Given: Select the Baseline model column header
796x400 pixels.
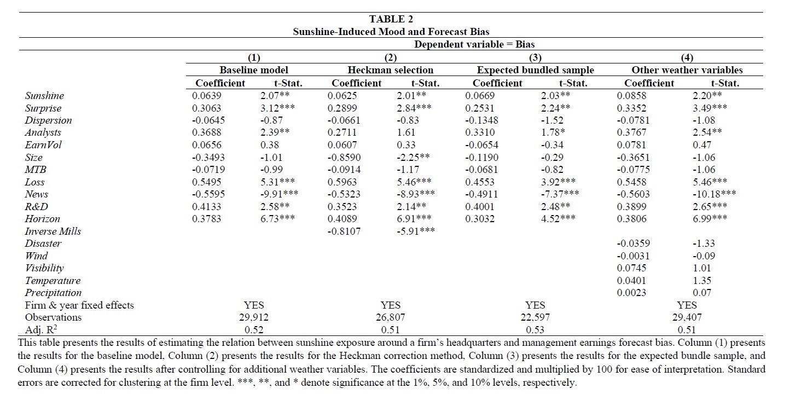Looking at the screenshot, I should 253,70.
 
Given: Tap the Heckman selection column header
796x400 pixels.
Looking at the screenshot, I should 391,70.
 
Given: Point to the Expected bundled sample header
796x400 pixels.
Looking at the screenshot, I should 535,70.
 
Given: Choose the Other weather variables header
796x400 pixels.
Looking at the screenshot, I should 687,70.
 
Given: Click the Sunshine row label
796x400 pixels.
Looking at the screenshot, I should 44,96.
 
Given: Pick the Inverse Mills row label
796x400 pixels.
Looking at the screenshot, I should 53,231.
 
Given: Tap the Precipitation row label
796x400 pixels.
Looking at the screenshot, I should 53,293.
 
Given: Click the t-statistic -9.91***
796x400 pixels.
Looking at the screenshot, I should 279,194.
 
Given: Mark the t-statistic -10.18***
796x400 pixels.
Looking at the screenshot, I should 714,194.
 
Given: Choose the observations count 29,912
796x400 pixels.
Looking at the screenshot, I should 254,317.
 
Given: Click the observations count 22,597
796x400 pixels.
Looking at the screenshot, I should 535,317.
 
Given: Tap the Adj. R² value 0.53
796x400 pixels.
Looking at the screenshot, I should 535,329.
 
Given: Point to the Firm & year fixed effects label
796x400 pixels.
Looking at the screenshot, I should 79,305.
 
